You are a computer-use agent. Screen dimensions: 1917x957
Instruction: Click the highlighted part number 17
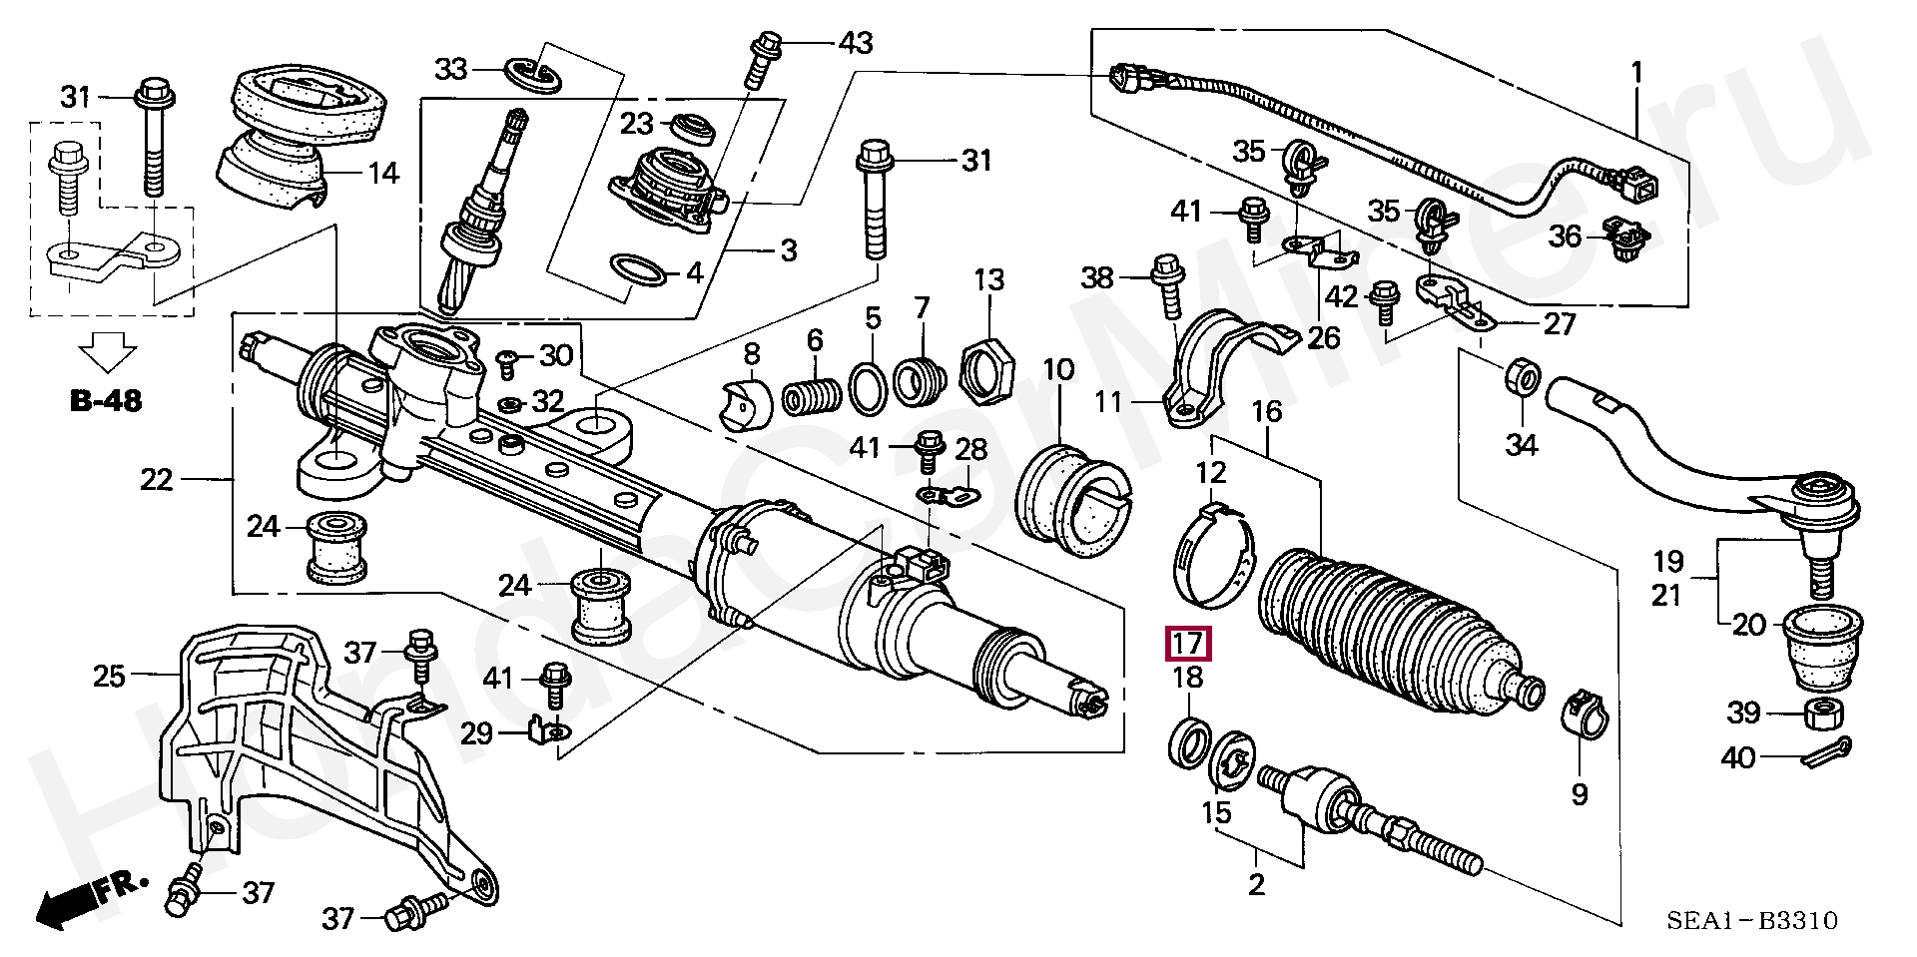(x=1188, y=645)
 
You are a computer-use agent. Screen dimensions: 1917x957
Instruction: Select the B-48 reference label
(x=106, y=401)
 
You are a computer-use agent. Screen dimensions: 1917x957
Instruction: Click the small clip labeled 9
(x=1583, y=714)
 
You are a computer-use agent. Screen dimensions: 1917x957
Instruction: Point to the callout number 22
(x=158, y=480)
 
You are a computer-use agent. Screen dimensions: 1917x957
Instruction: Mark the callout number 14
(x=382, y=173)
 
